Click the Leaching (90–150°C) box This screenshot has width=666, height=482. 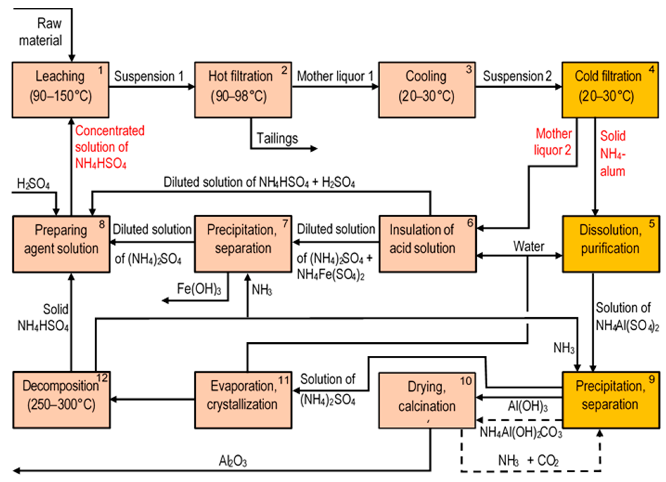[60, 90]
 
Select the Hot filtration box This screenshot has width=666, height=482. [243, 90]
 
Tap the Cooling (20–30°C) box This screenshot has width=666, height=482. [426, 90]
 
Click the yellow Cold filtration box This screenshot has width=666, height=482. [610, 90]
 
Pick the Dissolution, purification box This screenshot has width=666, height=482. [610, 244]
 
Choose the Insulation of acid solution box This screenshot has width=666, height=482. [427, 244]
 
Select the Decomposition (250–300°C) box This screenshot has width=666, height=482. [61, 400]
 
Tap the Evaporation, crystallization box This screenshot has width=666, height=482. [243, 400]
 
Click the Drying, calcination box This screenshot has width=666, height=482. [426, 400]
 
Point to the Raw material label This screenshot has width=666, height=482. [41, 32]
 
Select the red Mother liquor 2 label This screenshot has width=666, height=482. [553, 142]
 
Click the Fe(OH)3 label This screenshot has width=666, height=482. [199, 289]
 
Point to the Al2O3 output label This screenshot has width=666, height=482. [233, 461]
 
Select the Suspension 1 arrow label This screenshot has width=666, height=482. [149, 76]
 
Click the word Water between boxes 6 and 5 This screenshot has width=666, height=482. [529, 246]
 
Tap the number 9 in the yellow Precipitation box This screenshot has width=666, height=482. [651, 379]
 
